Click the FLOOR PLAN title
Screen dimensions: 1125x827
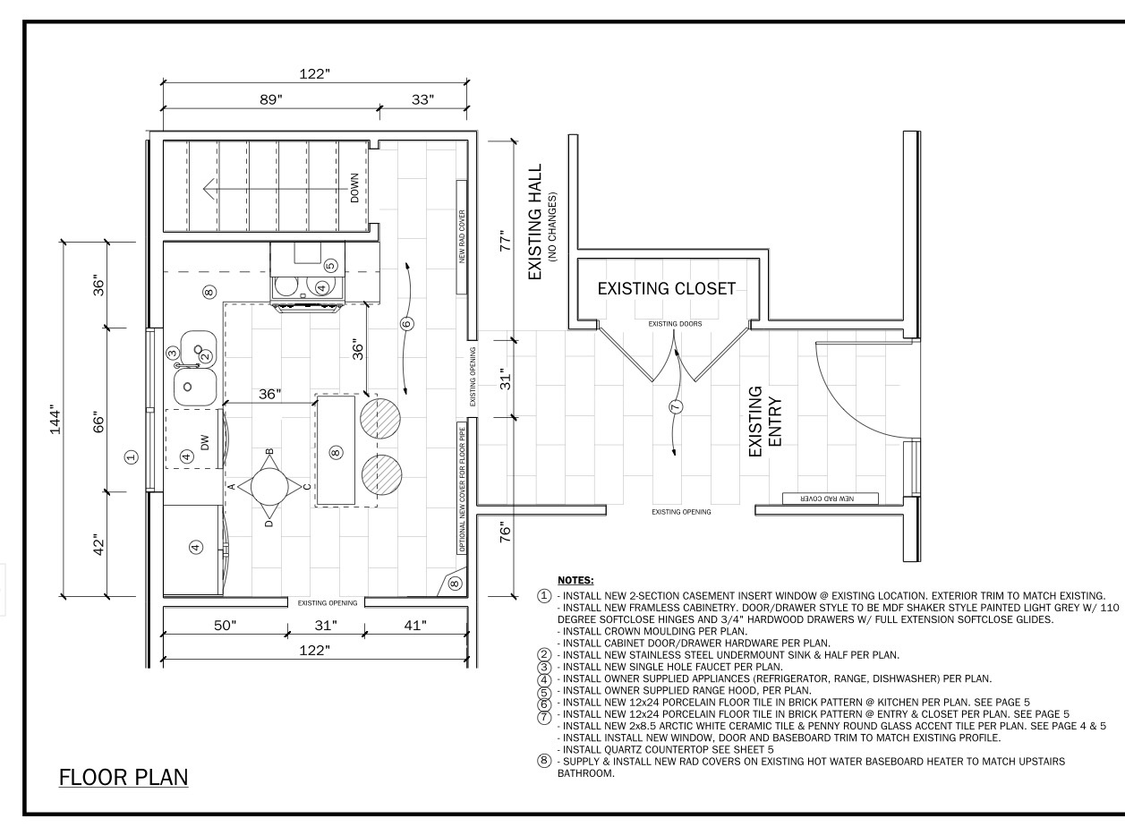click(124, 777)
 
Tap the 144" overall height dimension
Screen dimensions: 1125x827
click(55, 422)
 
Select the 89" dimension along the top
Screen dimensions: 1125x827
click(271, 99)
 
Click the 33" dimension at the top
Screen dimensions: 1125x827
click(422, 99)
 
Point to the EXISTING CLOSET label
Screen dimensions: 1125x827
click(667, 289)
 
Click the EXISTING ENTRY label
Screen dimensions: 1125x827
click(765, 422)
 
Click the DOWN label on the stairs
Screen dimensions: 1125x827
click(354, 188)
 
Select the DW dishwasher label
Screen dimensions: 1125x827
click(204, 443)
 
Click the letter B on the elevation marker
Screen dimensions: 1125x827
click(269, 451)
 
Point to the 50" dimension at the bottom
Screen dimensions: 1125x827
click(225, 626)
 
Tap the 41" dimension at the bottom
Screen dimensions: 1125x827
click(415, 626)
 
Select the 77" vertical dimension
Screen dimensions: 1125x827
click(506, 241)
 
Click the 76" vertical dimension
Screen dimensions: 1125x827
click(506, 533)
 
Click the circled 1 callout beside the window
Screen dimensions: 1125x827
click(131, 457)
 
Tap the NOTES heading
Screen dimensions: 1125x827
click(575, 581)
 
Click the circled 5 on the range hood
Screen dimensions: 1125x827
click(330, 266)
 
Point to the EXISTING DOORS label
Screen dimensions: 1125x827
click(675, 324)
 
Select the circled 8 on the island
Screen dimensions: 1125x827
click(336, 452)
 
